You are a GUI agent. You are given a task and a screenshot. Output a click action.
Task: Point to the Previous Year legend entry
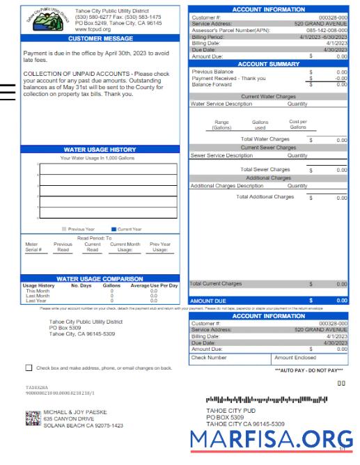[x=78, y=228]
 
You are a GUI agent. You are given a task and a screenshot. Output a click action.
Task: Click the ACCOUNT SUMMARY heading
[x=268, y=63]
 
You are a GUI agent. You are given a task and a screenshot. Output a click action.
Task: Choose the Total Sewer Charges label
[x=265, y=169]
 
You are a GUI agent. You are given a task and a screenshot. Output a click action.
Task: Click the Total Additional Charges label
[x=265, y=197]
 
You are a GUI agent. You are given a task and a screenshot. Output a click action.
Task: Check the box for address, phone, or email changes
[x=29, y=367]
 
